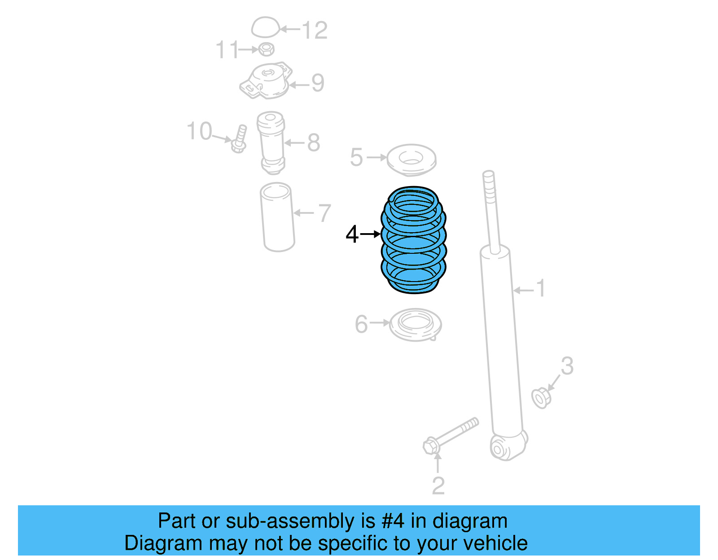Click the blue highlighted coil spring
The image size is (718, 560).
(413, 240)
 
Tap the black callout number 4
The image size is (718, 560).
(352, 234)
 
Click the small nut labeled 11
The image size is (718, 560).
(267, 49)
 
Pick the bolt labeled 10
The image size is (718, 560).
(239, 139)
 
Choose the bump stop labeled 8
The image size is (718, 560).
(271, 143)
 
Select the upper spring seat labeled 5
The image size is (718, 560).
(411, 160)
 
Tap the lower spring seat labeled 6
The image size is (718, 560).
(415, 324)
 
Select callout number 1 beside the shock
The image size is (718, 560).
(541, 288)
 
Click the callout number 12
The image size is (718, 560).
(315, 30)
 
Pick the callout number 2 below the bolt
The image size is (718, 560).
(438, 486)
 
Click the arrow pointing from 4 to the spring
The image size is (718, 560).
(370, 234)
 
